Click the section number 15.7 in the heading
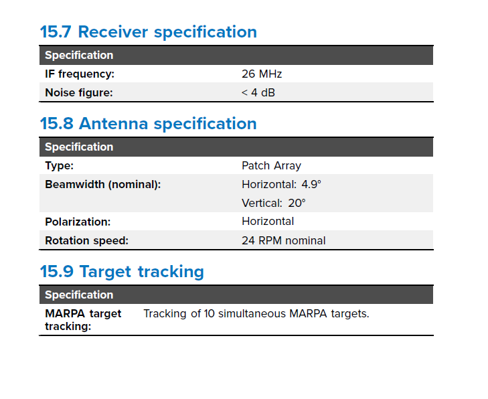(x=56, y=31)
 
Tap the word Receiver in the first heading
(x=113, y=31)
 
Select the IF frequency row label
(x=80, y=74)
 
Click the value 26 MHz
(x=262, y=74)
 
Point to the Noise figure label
(x=79, y=93)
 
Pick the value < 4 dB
(x=258, y=93)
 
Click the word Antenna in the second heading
(x=113, y=124)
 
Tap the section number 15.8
(x=57, y=124)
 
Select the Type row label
(x=59, y=166)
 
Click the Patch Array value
(x=271, y=166)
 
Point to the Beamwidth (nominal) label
(x=102, y=185)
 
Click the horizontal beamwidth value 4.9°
(x=311, y=185)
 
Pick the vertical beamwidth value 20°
(x=297, y=204)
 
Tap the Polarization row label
(x=78, y=222)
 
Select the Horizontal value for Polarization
(x=268, y=222)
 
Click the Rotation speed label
(x=86, y=240)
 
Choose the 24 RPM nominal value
(x=284, y=240)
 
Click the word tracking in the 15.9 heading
(x=171, y=272)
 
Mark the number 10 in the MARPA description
(x=210, y=314)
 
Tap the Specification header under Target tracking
(x=79, y=295)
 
